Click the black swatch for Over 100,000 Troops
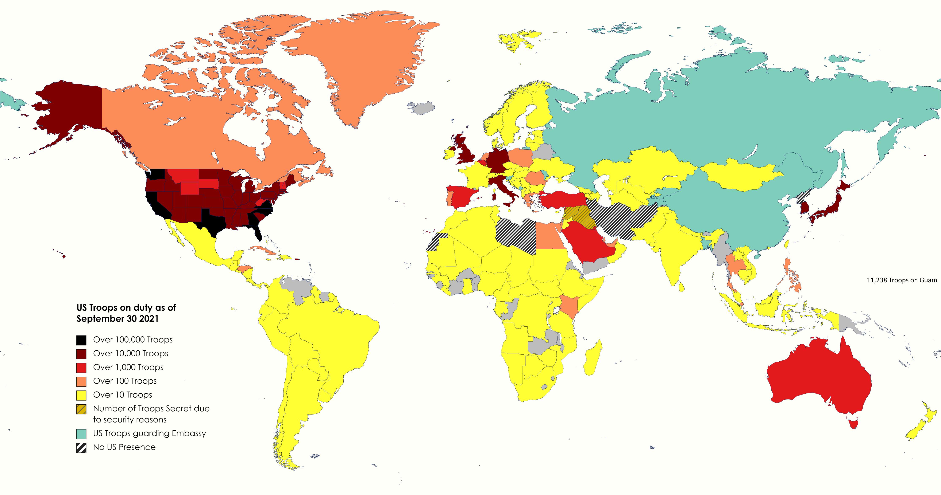point(81,340)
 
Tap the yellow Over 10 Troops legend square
point(81,395)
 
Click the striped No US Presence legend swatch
point(81,448)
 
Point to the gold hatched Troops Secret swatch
point(81,409)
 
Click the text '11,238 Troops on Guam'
point(902,280)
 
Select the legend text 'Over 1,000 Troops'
point(128,367)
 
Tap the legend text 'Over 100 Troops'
point(125,381)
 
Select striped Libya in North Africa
point(517,234)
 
